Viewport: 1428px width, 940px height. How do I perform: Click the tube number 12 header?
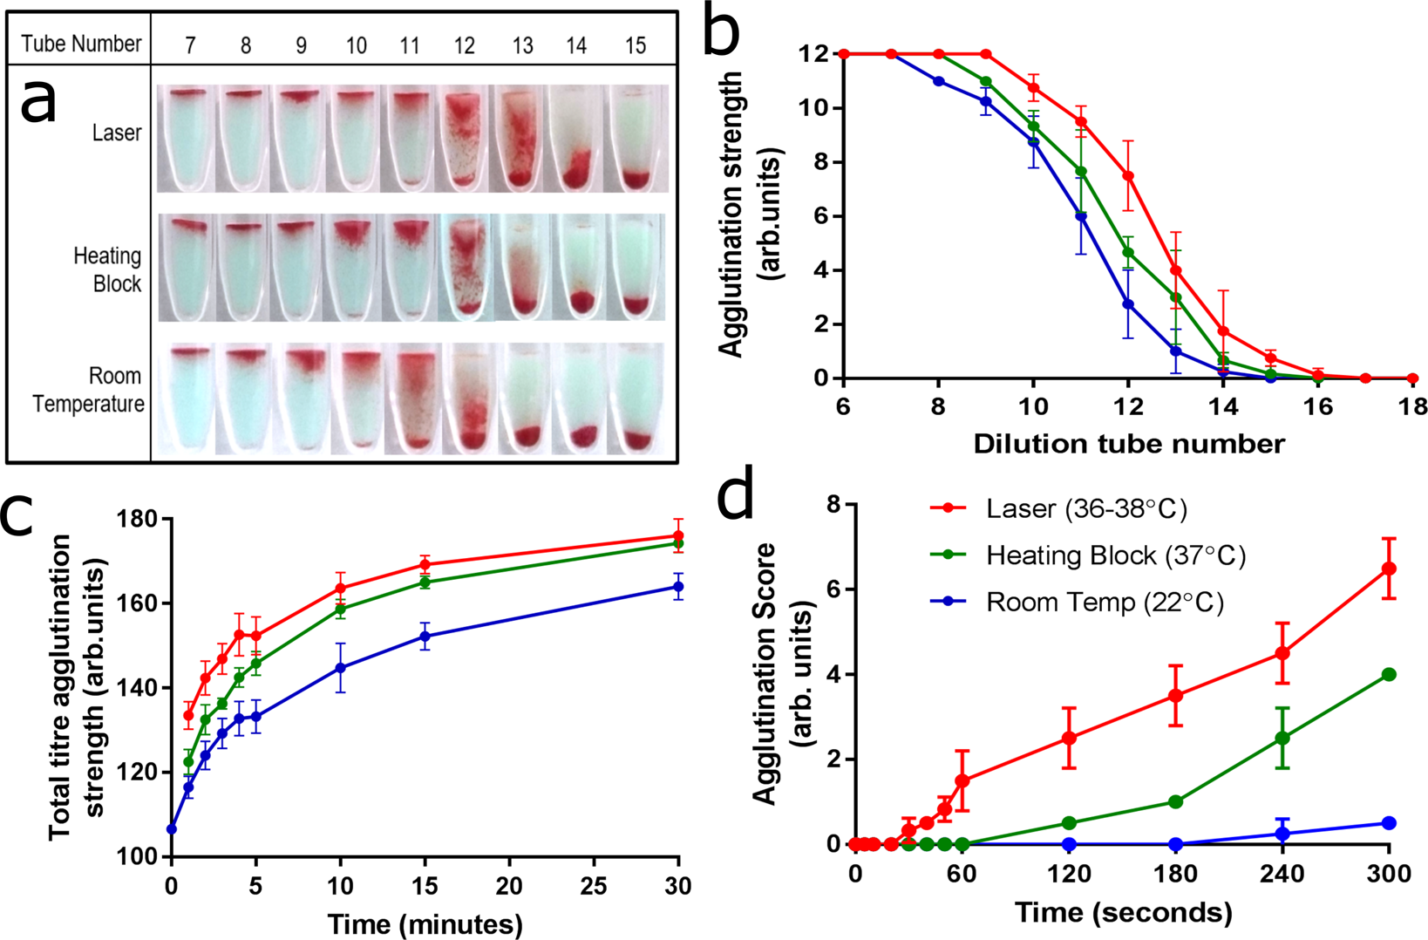(x=464, y=45)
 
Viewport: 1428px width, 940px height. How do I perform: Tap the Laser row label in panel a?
(x=117, y=133)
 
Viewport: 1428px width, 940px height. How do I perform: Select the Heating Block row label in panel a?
(x=107, y=269)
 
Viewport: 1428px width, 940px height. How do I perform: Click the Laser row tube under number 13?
(x=521, y=138)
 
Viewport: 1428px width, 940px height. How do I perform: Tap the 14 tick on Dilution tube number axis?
(x=1223, y=407)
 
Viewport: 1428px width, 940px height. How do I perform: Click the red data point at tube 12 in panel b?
(x=1128, y=176)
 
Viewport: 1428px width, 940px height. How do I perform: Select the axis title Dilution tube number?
(x=1128, y=444)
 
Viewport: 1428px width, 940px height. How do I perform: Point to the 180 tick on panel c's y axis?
(x=139, y=520)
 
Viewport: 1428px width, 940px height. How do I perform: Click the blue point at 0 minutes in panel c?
(x=172, y=828)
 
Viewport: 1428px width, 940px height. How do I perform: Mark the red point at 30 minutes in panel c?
(x=678, y=535)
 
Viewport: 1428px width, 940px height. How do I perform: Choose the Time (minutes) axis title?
(x=425, y=923)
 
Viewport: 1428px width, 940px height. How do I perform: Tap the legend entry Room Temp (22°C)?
(x=1104, y=603)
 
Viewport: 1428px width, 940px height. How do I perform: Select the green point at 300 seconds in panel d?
(x=1389, y=674)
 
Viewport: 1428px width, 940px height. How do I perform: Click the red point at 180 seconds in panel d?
(x=1175, y=696)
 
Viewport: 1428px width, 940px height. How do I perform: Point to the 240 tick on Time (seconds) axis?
(x=1282, y=874)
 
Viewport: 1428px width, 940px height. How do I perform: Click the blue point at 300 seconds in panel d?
(x=1389, y=823)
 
